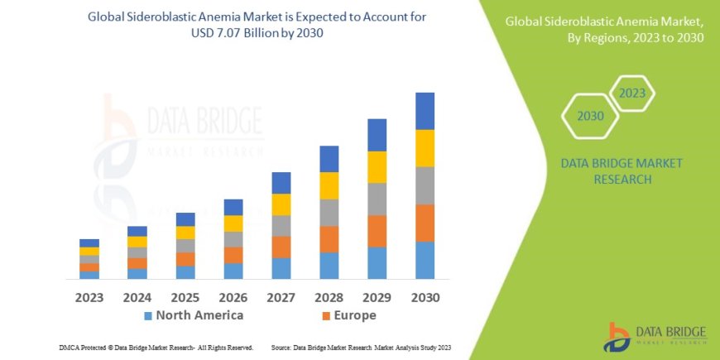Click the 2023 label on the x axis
coord(89,297)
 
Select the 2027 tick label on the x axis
coord(281,297)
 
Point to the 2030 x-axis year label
coord(425,297)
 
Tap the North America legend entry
coord(194,315)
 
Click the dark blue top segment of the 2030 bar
coord(425,111)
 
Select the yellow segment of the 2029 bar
coord(377,167)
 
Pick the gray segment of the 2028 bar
coord(329,213)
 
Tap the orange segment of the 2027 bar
coord(281,247)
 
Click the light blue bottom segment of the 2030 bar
coord(425,260)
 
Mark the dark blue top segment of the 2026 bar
coord(233,207)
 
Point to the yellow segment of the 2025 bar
coord(185,233)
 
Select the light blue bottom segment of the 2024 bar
coord(137,273)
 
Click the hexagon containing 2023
coord(631,94)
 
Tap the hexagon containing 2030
coord(591,117)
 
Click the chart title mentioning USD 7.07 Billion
coord(263,24)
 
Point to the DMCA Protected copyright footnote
coord(156,348)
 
